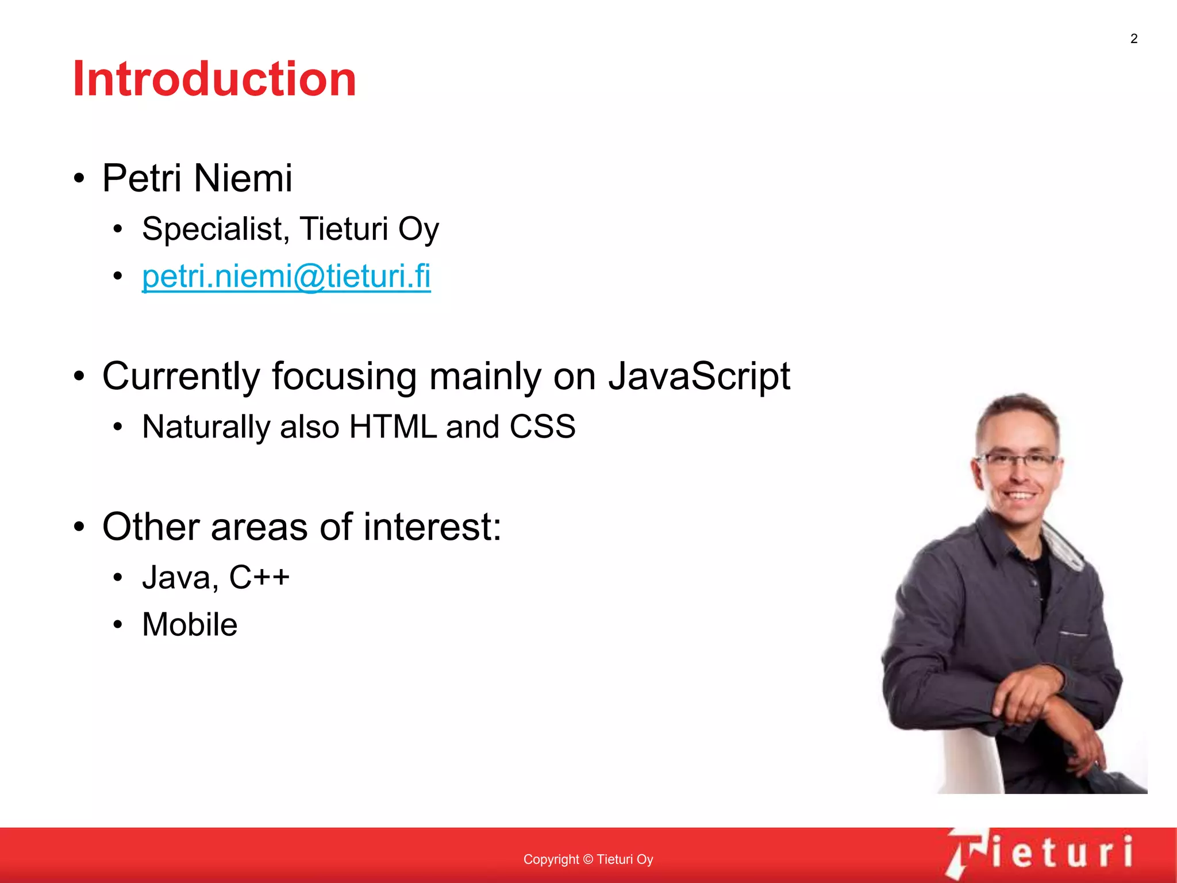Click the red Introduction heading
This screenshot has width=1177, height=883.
tap(214, 79)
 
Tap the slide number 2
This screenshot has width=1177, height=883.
tap(1133, 39)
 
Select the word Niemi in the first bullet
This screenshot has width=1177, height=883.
tap(243, 178)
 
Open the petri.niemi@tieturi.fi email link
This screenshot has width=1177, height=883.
tap(286, 277)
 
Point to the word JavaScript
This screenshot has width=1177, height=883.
tap(699, 377)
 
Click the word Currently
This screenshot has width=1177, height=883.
tap(180, 377)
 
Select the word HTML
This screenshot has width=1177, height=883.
tap(393, 427)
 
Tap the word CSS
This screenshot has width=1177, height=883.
tap(542, 427)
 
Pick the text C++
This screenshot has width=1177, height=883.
tap(259, 577)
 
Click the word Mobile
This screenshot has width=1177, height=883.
tap(190, 625)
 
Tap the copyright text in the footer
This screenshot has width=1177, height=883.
tap(588, 859)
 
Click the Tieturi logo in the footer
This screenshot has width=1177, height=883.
tap(1040, 853)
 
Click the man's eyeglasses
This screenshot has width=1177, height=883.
tap(1018, 460)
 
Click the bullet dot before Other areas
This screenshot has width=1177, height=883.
tap(79, 527)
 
